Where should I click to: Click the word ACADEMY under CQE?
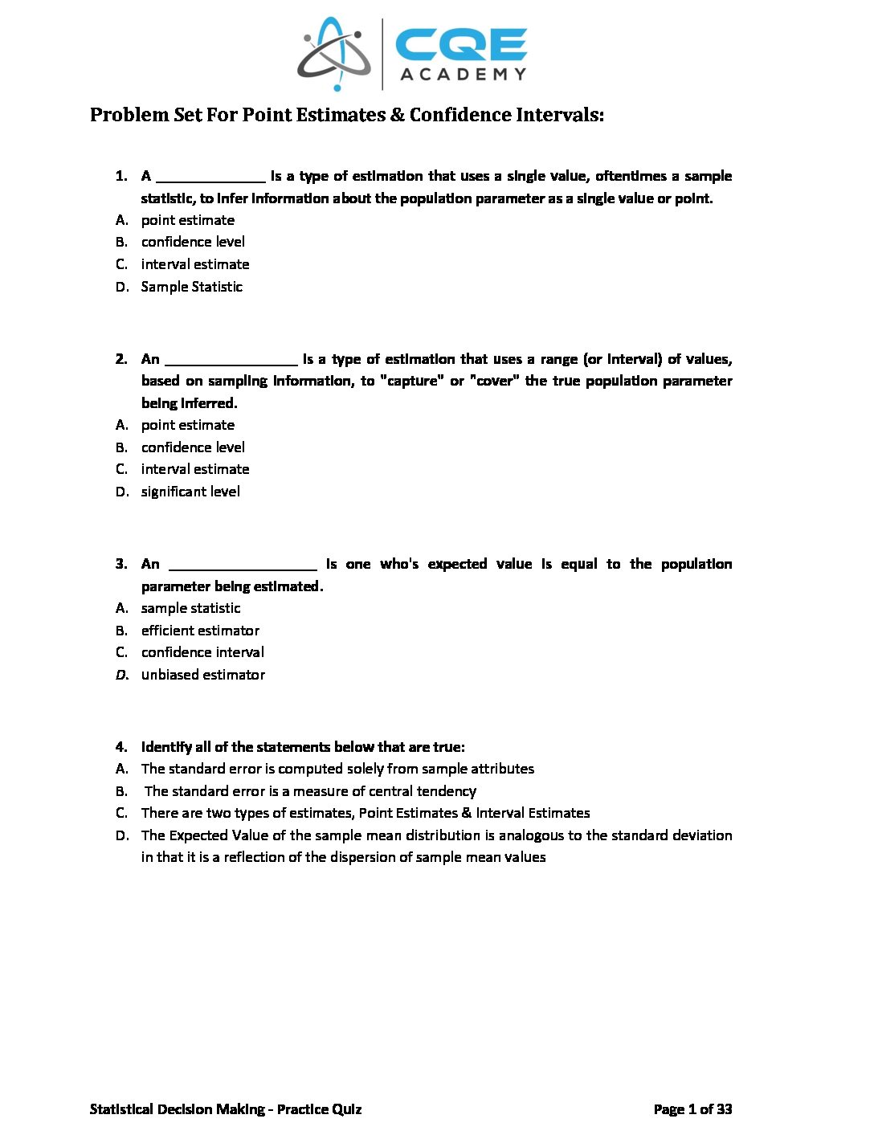463,75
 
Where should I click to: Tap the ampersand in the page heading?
398,115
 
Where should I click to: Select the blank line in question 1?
210,177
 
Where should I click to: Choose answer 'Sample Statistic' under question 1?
191,287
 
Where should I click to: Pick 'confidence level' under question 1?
193,242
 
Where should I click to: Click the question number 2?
121,359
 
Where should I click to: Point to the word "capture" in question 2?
411,381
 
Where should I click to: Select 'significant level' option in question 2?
190,492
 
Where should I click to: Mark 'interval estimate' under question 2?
195,469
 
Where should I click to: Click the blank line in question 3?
243,565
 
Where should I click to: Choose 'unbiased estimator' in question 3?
202,675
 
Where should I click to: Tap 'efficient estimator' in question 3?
200,631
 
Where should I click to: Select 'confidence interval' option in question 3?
202,652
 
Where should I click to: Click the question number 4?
121,747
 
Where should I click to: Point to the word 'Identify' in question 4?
166,747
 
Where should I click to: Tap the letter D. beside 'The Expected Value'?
122,835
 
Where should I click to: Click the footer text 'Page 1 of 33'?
692,1109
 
